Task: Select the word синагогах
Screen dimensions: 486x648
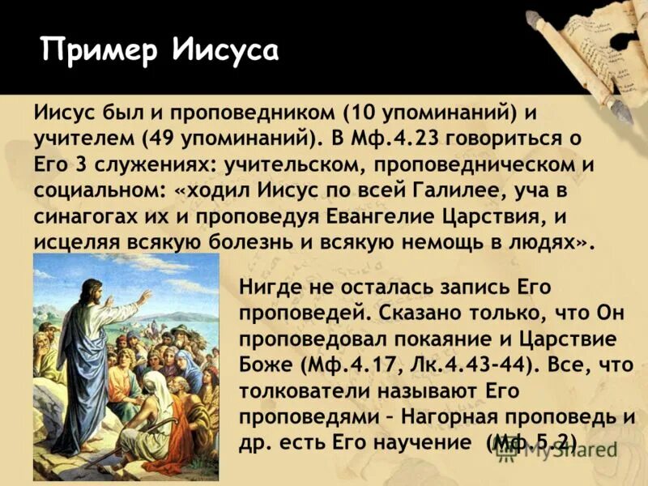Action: (x=91, y=217)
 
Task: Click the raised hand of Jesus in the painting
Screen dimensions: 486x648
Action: (x=143, y=297)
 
